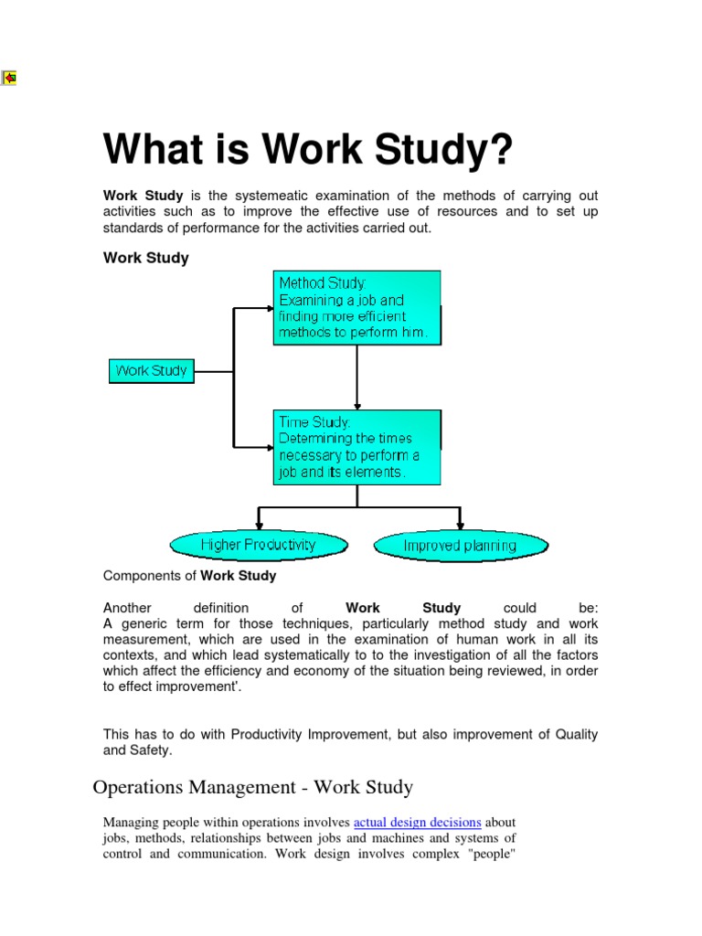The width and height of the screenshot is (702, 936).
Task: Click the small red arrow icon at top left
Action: coord(9,78)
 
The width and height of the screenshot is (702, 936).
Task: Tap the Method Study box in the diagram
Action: coord(357,307)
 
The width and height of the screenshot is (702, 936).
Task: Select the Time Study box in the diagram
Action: coord(357,447)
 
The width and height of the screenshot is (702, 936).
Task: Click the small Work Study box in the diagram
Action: coord(151,371)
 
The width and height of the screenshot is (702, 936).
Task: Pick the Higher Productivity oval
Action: coord(259,545)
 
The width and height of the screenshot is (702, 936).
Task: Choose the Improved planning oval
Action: coord(461,546)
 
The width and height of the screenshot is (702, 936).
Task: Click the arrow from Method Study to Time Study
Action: coord(357,377)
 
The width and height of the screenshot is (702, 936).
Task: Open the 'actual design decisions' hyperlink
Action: coord(417,822)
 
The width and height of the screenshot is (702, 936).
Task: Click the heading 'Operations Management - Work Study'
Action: coord(253,787)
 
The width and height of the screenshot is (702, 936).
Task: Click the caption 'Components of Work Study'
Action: coord(190,576)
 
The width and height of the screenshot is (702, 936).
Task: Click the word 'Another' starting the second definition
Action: coord(127,608)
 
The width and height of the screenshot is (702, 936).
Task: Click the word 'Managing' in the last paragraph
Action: coord(131,822)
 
